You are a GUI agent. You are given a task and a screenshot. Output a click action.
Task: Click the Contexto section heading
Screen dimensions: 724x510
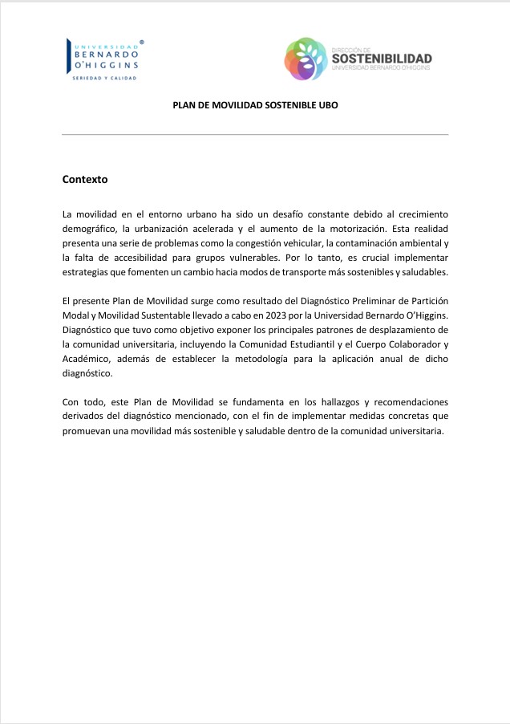point(84,179)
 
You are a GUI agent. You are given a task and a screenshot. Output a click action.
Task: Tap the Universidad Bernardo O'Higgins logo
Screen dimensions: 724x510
point(104,59)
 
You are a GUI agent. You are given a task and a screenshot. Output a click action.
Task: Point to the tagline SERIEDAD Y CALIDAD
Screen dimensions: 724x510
point(105,78)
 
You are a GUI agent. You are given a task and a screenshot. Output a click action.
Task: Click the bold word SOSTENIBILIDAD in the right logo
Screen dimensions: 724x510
point(381,58)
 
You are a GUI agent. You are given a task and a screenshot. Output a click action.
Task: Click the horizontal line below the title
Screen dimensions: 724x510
point(255,133)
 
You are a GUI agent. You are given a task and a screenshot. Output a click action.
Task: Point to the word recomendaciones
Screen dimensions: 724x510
point(408,401)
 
